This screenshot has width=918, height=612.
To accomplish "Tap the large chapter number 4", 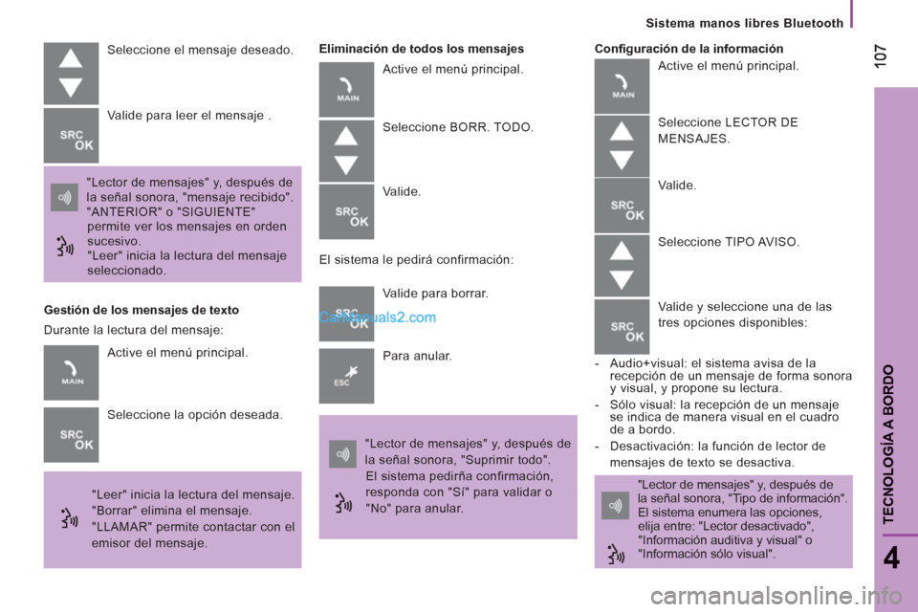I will coord(890,557).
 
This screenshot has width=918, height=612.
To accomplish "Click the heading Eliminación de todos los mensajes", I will coord(421,48).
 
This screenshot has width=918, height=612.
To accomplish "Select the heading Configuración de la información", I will coord(688,48).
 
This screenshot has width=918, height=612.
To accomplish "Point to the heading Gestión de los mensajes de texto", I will coord(142,310).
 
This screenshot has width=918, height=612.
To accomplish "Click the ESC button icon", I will coord(346,376).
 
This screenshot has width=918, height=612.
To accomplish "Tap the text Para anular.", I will coord(417,356).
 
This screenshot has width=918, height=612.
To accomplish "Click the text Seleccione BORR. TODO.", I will coord(458,127).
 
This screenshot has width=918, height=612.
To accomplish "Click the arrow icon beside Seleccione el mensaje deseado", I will coord(71,73).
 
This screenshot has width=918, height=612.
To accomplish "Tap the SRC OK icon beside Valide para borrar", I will coord(346,314).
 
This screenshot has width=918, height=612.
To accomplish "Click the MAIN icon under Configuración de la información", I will coord(622,86).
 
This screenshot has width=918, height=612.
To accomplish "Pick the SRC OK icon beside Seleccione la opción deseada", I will coord(71,435).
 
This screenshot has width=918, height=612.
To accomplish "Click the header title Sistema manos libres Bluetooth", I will coord(744,23).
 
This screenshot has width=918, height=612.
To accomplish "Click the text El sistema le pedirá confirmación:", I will coord(416,259).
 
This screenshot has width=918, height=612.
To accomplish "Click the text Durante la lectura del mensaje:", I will coord(134,330).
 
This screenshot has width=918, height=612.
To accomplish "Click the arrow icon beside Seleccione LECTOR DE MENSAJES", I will coord(622,145).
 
